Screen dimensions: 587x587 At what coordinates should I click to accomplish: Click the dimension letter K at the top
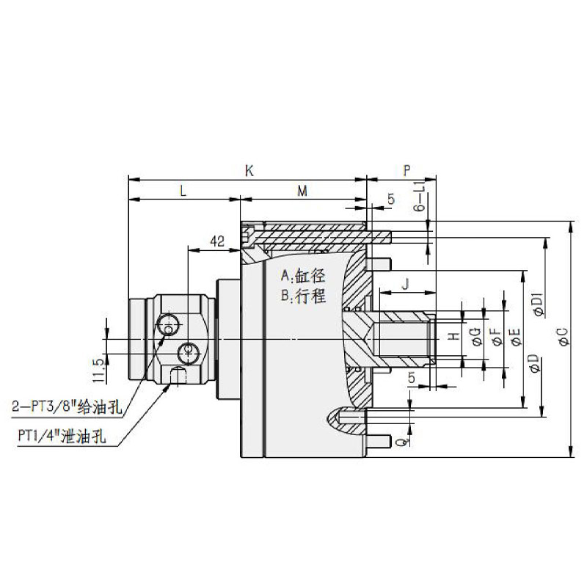point(249,171)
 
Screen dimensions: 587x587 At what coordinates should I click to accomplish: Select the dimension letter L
point(183,191)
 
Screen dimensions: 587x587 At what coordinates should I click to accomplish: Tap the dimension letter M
point(302,191)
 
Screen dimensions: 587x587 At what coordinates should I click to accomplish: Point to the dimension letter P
point(406,171)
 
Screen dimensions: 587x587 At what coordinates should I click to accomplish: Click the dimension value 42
point(216,241)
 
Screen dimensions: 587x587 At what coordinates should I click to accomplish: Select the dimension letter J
point(405,281)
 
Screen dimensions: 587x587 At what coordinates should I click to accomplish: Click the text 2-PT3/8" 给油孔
point(70,404)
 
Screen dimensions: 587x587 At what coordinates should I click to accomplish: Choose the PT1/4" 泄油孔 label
point(63,434)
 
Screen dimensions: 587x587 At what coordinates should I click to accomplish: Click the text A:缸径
point(302,277)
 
